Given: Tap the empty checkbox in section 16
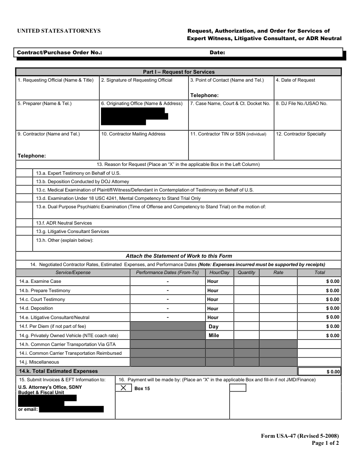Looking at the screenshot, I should tap(238, 388).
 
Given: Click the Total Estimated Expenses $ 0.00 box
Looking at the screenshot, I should tap(319, 372).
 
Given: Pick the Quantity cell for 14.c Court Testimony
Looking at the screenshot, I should tap(246, 299).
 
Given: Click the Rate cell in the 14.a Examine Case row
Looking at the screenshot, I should tap(278, 281).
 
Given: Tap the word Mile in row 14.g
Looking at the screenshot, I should tap(214, 335).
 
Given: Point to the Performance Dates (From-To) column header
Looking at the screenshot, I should tap(167, 272).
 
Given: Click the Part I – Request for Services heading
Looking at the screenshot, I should tap(179, 72).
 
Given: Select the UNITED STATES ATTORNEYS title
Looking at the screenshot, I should tap(59, 31).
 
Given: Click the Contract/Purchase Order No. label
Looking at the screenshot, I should tap(60, 53).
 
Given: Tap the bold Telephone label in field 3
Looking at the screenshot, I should tap(204, 95).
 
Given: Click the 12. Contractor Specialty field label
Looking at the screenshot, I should tap(301, 134).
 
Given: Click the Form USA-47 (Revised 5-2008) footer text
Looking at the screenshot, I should tap(300, 436).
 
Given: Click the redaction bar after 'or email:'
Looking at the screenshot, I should tap(71, 409).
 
